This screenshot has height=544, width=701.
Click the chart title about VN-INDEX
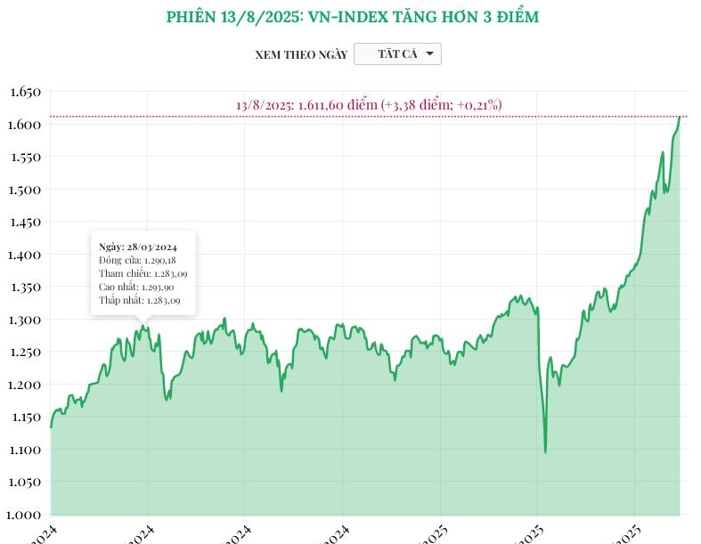tap(353, 17)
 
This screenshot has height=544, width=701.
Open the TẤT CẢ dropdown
tap(397, 54)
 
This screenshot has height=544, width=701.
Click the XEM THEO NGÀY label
tap(301, 54)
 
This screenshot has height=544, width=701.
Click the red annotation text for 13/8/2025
tap(369, 105)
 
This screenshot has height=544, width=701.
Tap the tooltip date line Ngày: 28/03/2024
tap(136, 245)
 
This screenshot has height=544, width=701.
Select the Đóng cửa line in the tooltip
tap(137, 259)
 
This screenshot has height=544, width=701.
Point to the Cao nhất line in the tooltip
tap(136, 288)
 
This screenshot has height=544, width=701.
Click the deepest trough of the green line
tap(545, 451)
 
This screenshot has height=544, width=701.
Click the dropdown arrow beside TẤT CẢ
tap(429, 54)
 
